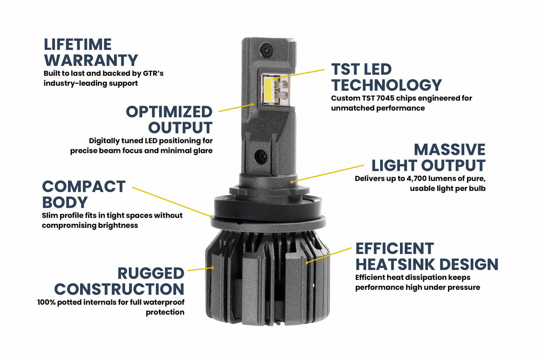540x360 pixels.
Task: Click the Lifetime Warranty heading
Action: coord(91,52)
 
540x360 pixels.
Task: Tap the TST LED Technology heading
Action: coord(386,77)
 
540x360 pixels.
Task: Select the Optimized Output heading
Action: coord(169,119)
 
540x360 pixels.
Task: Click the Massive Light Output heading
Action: coord(428,157)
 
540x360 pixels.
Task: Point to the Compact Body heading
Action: coord(84,194)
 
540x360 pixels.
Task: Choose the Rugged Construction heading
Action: coord(119,281)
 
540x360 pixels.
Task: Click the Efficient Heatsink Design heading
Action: coord(427,256)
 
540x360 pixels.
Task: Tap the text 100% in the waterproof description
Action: coord(47,303)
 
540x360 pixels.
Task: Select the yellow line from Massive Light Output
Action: coord(329,173)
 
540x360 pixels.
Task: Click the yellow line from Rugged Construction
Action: coord(201,269)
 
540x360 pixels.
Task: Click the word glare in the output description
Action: coord(202,150)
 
